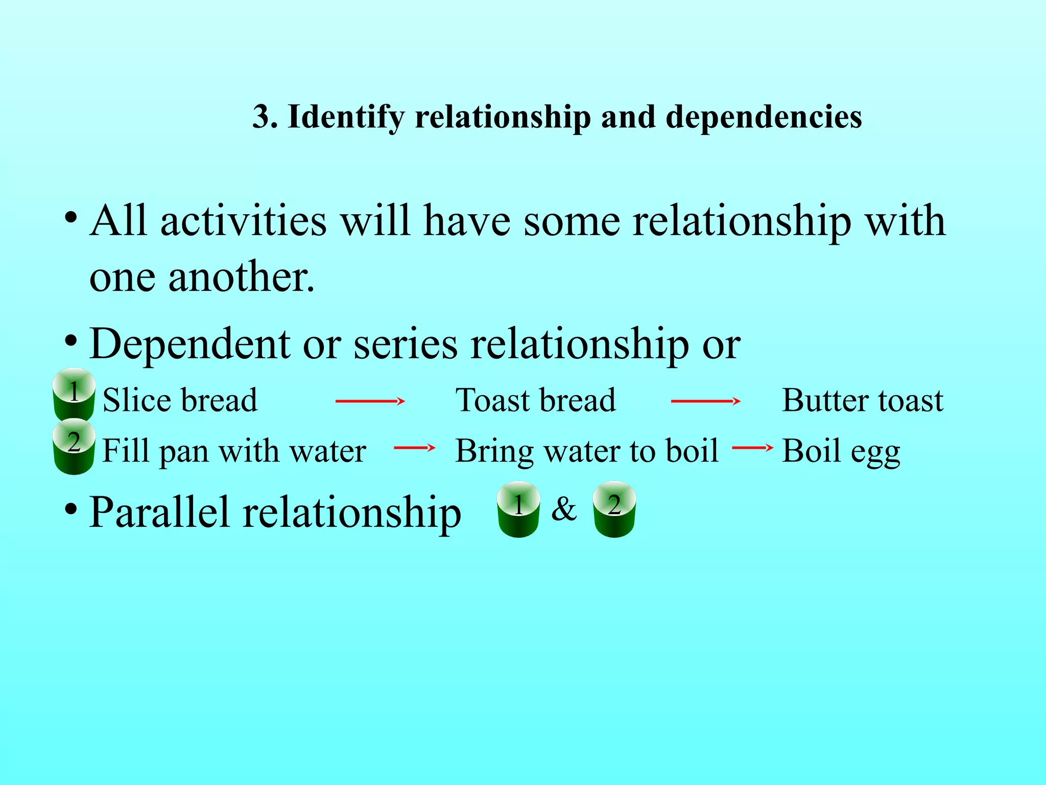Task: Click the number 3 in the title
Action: pos(261,117)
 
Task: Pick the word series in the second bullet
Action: pos(406,344)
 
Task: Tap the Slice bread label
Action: pos(180,400)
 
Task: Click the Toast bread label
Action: pos(535,400)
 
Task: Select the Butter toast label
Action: pos(863,400)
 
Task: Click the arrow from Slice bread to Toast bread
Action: pos(370,402)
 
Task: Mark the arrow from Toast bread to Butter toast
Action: pos(705,402)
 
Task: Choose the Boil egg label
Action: pos(841,451)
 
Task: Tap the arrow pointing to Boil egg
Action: pos(752,448)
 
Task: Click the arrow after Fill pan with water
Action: pos(414,448)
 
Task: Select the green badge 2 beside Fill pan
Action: pos(74,446)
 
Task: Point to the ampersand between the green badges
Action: pos(564,509)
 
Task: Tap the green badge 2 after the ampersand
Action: pos(614,509)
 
